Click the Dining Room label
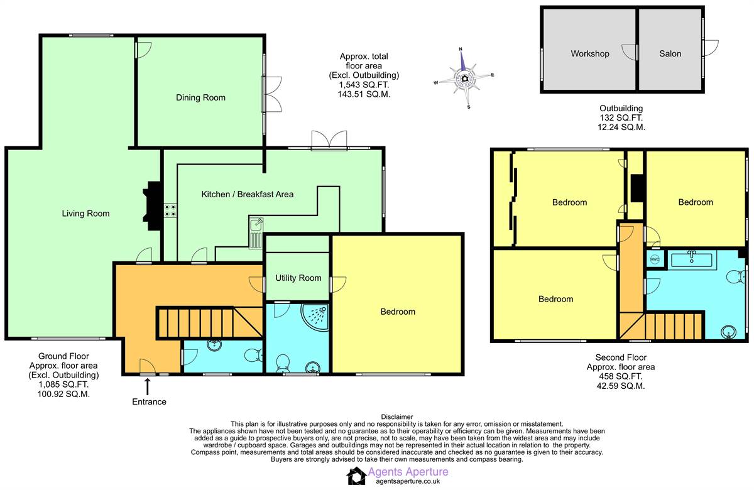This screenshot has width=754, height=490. click(x=200, y=97)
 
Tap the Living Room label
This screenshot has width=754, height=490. click(x=85, y=214)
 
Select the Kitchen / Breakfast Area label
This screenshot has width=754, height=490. click(x=247, y=194)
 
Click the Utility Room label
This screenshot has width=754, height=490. click(x=298, y=278)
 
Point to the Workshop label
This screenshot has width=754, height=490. click(x=589, y=53)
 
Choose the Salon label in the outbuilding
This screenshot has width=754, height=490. click(x=670, y=53)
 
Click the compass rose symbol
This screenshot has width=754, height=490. click(x=464, y=78)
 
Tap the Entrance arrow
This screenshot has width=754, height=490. click(x=148, y=385)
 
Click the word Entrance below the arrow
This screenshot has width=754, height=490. click(x=149, y=401)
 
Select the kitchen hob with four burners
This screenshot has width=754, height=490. click(x=170, y=210)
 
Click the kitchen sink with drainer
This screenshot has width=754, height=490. click(x=256, y=232)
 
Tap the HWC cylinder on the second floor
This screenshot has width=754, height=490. click(x=654, y=259)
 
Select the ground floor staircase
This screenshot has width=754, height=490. click(x=207, y=321)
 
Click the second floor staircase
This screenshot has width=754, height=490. click(x=666, y=327)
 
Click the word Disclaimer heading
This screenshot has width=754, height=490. click(x=397, y=416)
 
